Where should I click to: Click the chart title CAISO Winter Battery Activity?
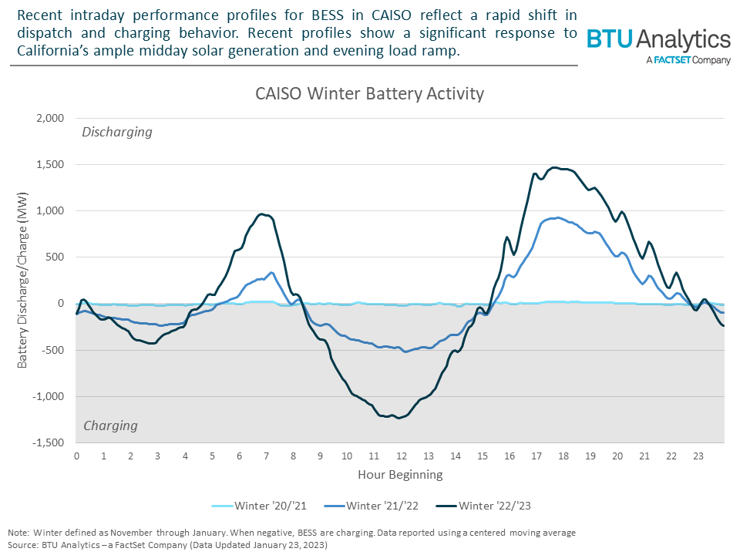369,93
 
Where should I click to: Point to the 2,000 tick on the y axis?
48,119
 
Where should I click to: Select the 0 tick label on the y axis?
59,304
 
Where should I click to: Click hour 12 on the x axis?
401,456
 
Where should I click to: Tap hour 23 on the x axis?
698,456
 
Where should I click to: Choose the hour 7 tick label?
266,456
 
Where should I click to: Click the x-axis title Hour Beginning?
400,474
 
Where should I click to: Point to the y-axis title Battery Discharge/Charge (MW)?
22,281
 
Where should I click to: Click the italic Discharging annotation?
117,132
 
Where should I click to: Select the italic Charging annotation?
110,425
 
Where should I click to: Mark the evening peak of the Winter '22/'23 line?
553,167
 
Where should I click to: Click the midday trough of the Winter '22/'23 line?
399,418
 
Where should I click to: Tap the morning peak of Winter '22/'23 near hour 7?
262,214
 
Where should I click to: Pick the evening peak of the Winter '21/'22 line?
557,217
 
